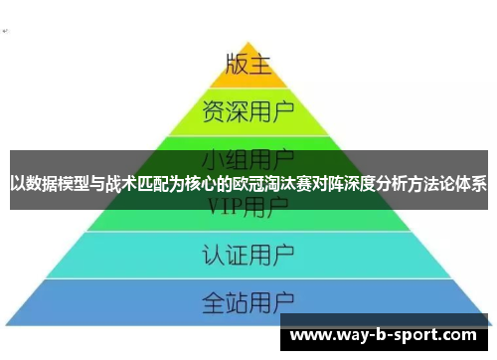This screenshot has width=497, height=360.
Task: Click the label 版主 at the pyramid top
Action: coord(248,65)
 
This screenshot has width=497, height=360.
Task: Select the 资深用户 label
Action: coord(248,108)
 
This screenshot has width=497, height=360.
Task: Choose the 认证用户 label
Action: coord(248,252)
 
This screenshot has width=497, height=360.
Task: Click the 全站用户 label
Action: coord(248,299)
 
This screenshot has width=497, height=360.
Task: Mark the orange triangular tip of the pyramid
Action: coord(248,70)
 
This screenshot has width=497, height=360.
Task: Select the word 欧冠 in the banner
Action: coord(243,184)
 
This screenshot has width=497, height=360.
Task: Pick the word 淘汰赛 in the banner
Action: coord(282,184)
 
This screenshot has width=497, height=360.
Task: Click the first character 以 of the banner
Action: coord(18,184)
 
